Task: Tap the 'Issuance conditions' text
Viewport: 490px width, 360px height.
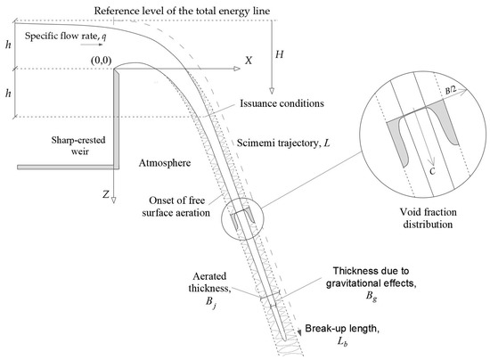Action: pyautogui.click(x=280, y=102)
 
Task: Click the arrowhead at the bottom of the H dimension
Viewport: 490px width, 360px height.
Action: pyautogui.click(x=272, y=91)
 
